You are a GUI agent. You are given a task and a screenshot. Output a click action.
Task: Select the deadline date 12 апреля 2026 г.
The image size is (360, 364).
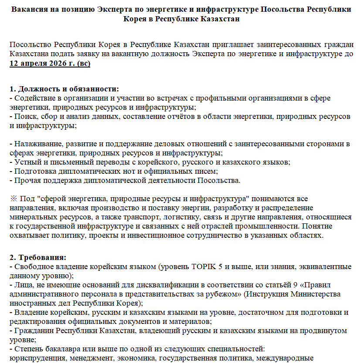click(41, 63)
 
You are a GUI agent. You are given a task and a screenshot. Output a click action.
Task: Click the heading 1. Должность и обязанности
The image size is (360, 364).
click(64, 89)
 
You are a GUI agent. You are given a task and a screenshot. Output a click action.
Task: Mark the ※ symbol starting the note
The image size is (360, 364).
click(13, 199)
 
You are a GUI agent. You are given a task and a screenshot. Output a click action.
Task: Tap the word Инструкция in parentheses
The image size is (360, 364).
click(267, 294)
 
